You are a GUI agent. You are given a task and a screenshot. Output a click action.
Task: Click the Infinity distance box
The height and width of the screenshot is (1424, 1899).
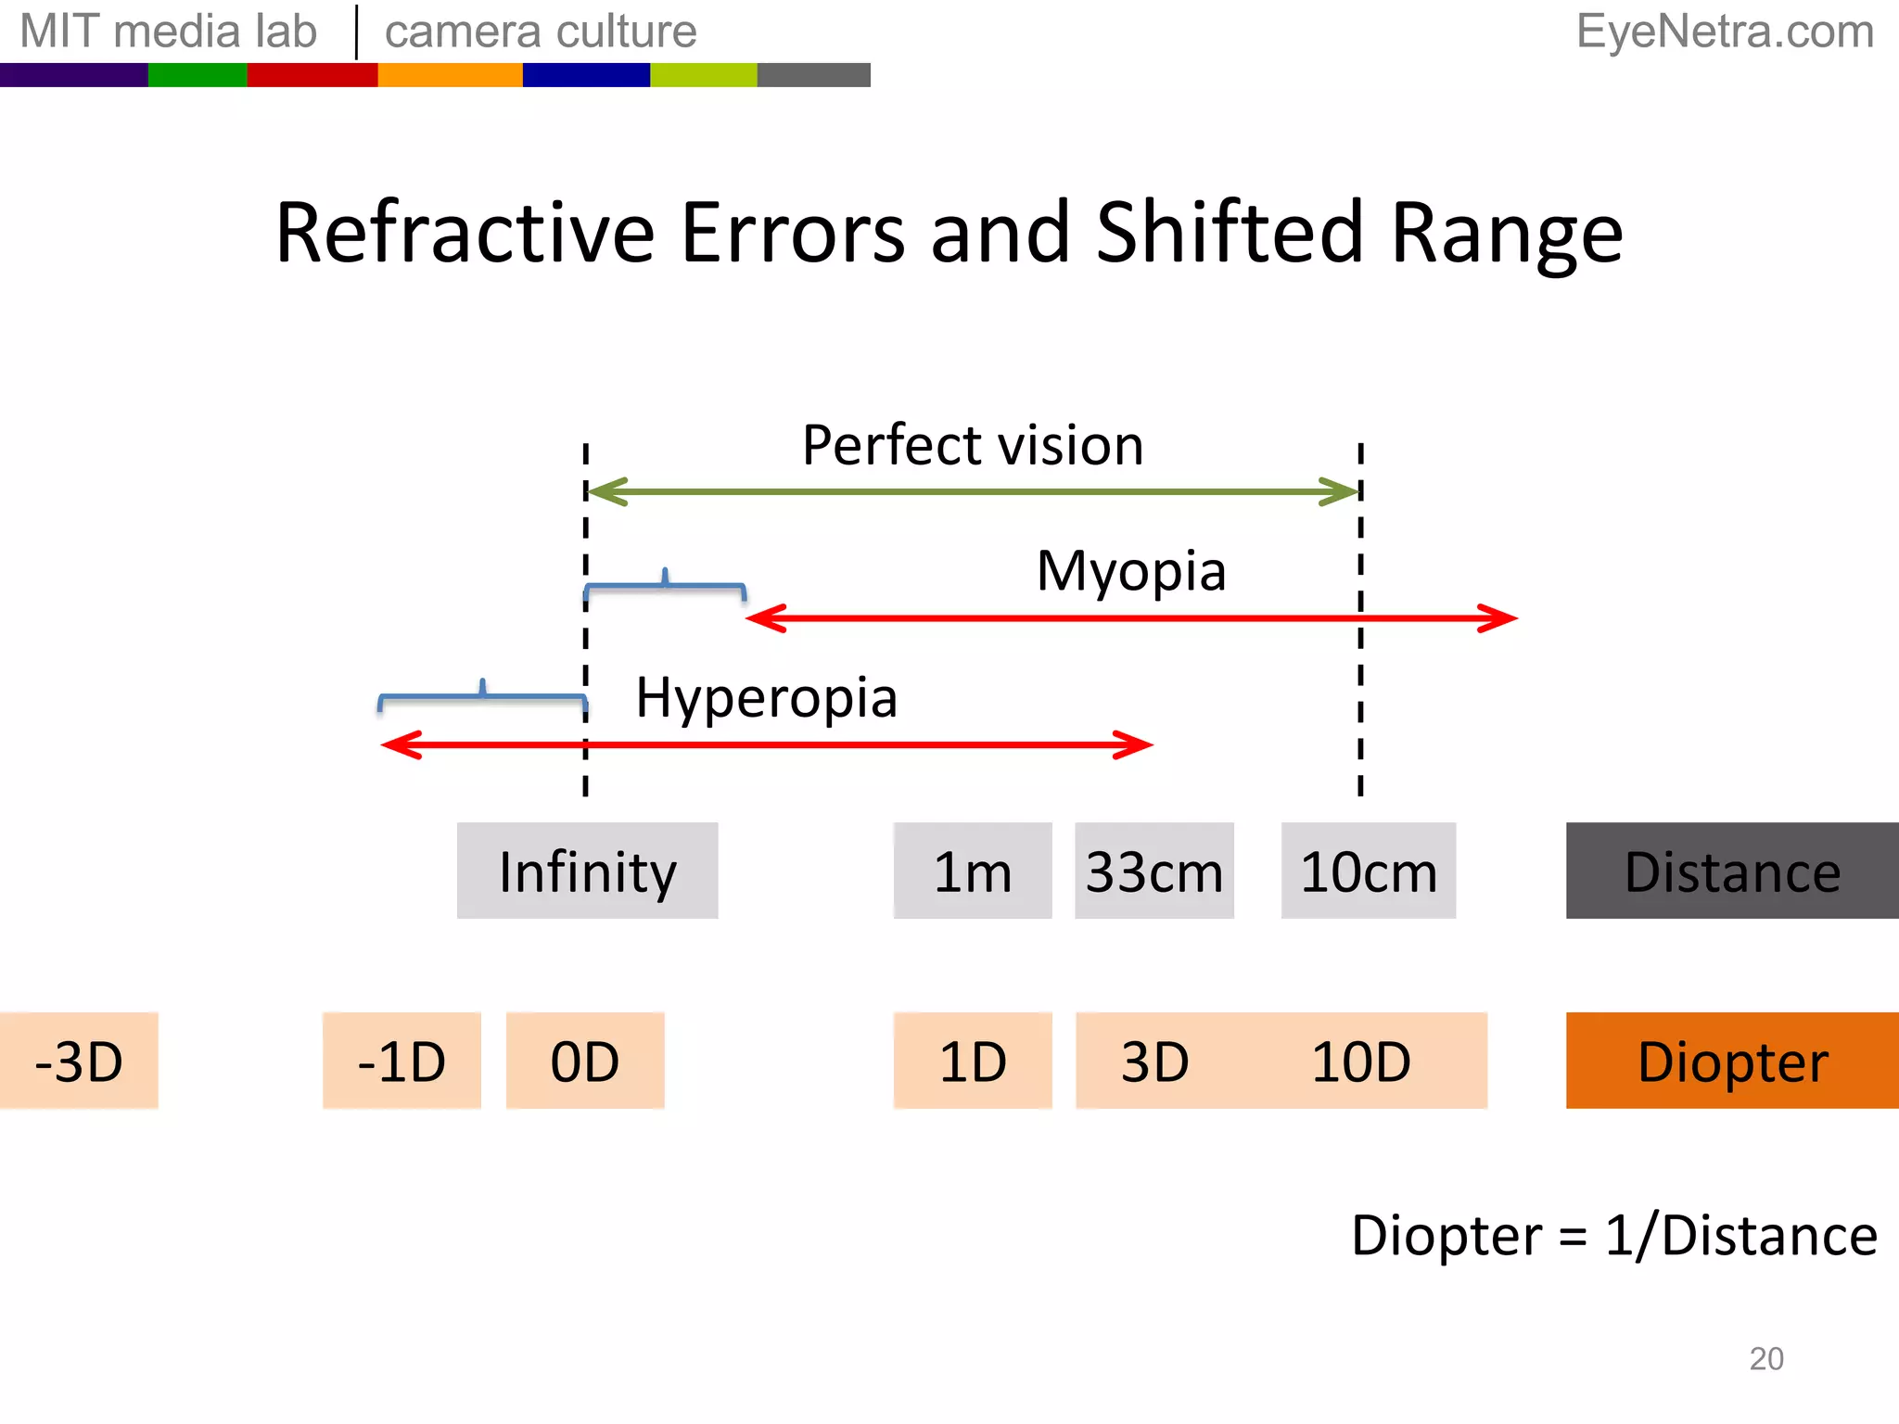587,871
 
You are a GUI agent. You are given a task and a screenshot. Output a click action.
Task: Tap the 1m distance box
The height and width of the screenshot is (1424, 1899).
972,871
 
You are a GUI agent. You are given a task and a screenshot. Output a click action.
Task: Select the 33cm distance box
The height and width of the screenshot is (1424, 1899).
1153,871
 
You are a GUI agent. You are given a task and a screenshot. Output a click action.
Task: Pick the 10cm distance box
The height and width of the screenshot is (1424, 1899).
1368,871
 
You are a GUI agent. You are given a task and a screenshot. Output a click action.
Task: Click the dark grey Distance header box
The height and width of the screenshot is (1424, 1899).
1731,871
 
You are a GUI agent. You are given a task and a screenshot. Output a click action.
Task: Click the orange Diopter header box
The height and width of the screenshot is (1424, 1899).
1731,1061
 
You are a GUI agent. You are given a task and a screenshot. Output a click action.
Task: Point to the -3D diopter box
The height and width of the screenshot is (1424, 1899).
79,1061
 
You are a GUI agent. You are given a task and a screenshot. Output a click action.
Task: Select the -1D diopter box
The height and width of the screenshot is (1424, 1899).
401,1061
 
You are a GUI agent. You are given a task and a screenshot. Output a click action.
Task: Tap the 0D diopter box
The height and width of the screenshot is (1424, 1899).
585,1061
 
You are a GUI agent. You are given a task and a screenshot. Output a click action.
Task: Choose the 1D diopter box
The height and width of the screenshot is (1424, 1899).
972,1061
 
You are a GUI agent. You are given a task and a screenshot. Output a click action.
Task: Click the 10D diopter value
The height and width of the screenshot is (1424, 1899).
1360,1061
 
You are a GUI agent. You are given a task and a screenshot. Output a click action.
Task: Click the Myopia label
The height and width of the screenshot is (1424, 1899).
1131,570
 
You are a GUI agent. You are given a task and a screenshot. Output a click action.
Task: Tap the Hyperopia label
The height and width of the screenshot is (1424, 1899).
766,697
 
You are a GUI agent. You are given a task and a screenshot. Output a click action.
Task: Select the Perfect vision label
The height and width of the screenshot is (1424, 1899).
972,445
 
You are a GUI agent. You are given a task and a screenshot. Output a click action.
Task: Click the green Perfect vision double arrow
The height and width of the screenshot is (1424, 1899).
974,491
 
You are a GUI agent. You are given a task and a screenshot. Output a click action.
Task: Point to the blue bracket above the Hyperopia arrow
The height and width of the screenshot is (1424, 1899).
482,695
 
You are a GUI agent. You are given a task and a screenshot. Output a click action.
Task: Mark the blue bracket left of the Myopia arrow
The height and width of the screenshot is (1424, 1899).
665,586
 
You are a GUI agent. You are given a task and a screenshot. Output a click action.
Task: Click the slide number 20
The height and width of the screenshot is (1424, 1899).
1765,1358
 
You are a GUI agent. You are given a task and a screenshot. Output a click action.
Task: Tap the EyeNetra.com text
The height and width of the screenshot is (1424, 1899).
1725,32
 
